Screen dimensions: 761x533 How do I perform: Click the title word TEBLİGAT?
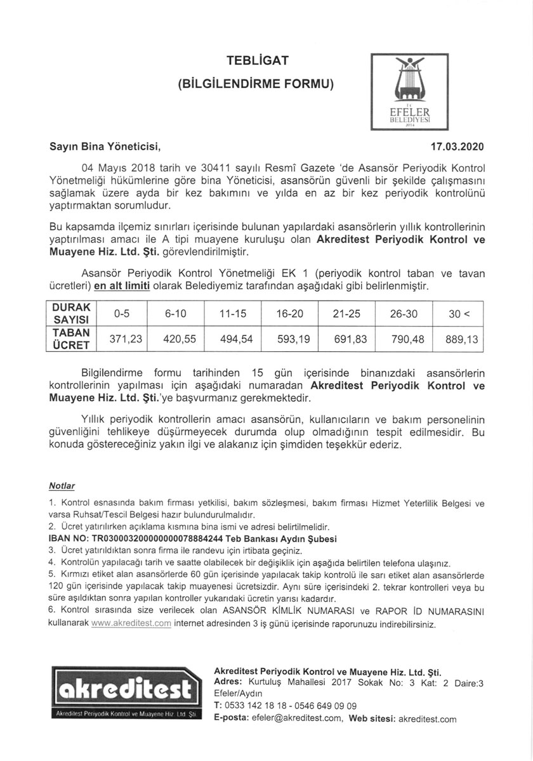(x=258, y=61)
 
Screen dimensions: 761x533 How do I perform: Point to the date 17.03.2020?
(x=457, y=147)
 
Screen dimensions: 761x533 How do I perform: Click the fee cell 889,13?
(x=461, y=339)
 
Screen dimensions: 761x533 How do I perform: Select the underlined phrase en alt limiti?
(x=122, y=286)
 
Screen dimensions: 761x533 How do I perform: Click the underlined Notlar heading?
(x=62, y=486)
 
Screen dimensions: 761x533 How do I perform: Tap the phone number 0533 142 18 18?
(x=254, y=705)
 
